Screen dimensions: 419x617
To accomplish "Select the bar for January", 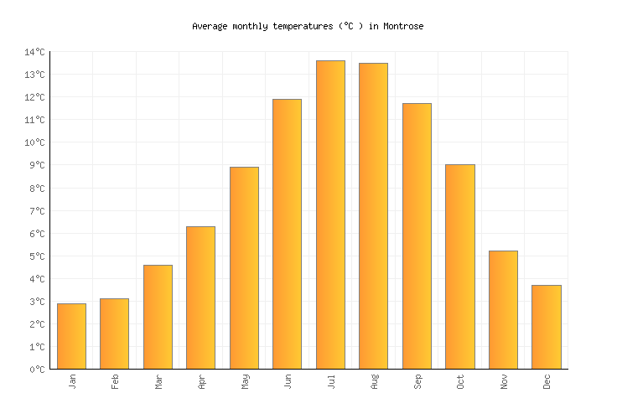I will (x=71, y=336).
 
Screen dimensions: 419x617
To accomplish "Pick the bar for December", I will (x=546, y=327).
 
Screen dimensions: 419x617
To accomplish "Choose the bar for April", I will (x=200, y=297).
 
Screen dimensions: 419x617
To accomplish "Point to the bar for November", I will (x=503, y=310).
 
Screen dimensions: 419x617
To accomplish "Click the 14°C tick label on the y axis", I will (x=34, y=53).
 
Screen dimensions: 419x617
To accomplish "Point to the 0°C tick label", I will (x=37, y=370).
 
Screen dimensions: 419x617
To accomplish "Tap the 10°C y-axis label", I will (x=34, y=143).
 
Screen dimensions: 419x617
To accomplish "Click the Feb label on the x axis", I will (x=115, y=381).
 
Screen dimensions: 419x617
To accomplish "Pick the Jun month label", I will (x=288, y=381).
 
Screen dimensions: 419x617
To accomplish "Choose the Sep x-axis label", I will (x=417, y=381).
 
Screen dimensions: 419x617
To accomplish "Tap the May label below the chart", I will (x=245, y=381).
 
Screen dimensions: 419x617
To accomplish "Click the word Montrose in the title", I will (x=403, y=27).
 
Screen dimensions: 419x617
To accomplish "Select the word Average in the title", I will (x=210, y=27).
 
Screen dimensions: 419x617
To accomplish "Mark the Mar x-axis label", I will (x=158, y=381).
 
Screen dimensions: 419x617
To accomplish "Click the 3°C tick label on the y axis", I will (x=37, y=302).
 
